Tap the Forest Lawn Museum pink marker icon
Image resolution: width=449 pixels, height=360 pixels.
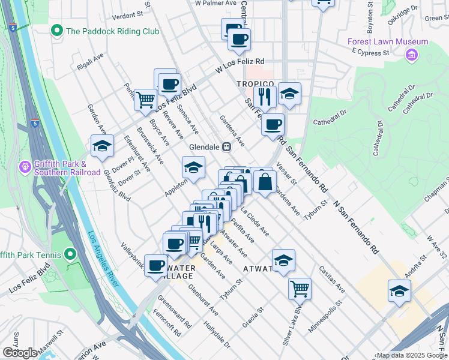[x=412, y=56]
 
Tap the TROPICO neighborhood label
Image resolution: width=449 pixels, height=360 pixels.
[x=255, y=84]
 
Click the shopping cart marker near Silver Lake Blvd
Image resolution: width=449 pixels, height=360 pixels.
[x=300, y=288]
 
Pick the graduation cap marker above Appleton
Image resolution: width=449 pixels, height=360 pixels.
[x=193, y=167]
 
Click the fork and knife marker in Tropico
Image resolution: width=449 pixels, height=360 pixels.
[x=264, y=95]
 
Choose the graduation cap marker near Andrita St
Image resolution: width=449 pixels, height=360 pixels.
[x=399, y=290]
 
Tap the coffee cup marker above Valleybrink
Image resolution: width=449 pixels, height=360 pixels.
[x=156, y=265]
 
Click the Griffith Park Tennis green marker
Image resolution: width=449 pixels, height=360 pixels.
[x=71, y=255]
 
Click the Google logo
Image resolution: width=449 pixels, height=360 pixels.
[x=19, y=353]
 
